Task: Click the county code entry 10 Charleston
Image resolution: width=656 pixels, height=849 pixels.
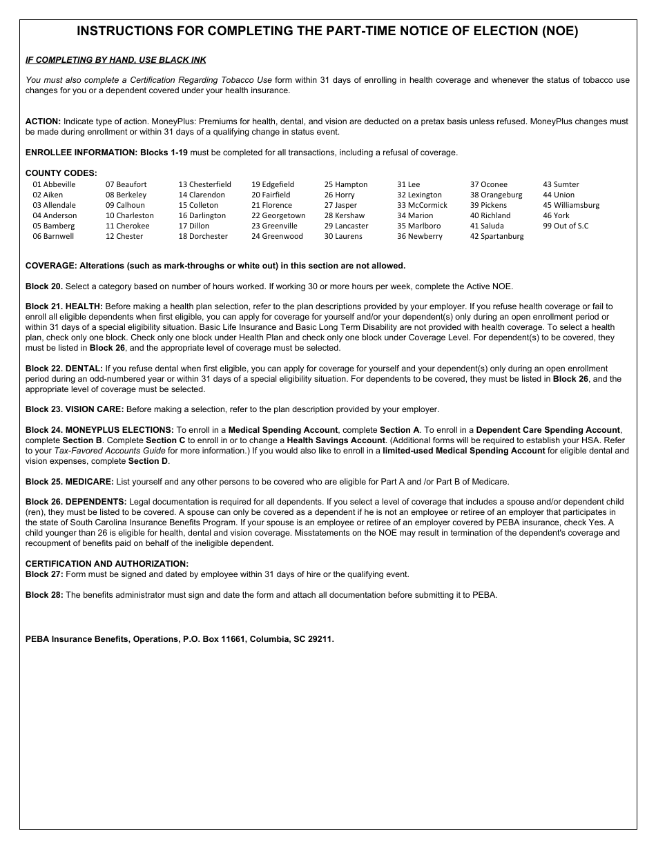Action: (x=129, y=215)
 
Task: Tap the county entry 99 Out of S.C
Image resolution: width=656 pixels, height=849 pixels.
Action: (x=566, y=226)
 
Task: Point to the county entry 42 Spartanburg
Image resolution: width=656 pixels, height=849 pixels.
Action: (x=496, y=236)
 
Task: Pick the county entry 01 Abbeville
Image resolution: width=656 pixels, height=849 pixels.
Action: (x=54, y=184)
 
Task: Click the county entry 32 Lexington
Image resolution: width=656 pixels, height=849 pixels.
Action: (x=419, y=195)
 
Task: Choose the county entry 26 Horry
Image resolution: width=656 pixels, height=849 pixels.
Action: (x=339, y=195)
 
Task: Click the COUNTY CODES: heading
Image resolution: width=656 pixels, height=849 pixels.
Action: (x=61, y=173)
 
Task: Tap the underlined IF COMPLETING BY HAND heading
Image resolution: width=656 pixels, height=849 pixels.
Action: (x=115, y=60)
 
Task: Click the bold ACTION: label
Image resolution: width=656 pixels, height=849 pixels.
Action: (x=43, y=121)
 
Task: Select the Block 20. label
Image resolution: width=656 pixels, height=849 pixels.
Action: (x=44, y=286)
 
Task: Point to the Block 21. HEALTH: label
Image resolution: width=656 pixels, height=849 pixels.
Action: (x=64, y=306)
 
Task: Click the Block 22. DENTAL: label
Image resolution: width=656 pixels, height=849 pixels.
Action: (x=64, y=369)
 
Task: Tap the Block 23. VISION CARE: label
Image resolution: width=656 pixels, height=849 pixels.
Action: (x=75, y=409)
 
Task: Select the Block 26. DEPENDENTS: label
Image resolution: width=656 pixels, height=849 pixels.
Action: (x=76, y=501)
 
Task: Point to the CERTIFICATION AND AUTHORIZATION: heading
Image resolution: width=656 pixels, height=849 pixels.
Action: (x=107, y=564)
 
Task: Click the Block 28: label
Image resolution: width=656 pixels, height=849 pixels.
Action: (x=44, y=594)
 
